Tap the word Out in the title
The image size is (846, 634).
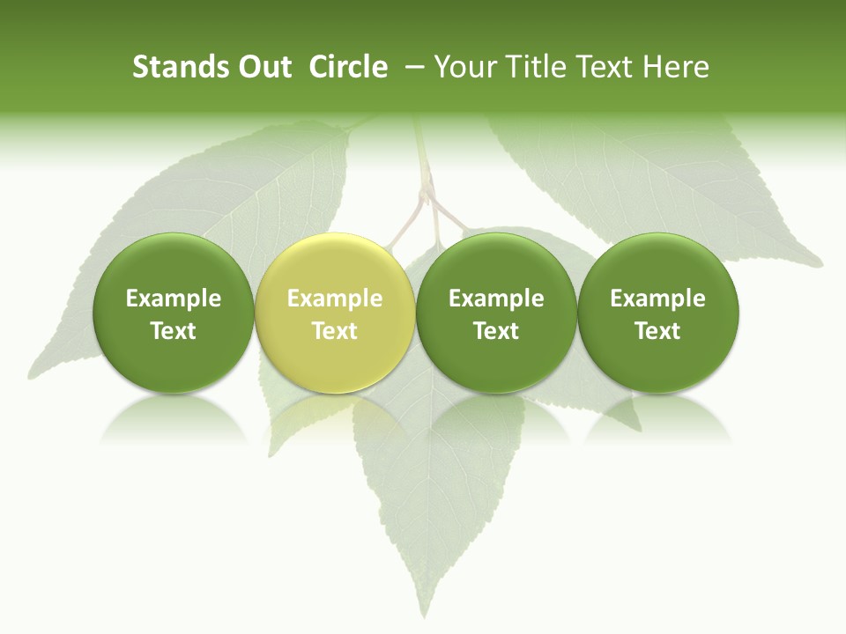(x=263, y=67)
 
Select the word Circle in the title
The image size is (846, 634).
(x=348, y=67)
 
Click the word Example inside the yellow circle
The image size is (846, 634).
(x=335, y=299)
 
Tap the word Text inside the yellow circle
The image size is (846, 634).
(x=335, y=331)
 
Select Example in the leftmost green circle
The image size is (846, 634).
(x=173, y=299)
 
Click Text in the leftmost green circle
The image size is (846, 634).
(x=173, y=331)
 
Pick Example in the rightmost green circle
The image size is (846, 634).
(x=657, y=299)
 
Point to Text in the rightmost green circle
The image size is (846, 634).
(x=657, y=331)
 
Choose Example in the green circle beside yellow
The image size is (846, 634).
(x=496, y=299)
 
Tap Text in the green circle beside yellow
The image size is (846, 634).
(x=496, y=331)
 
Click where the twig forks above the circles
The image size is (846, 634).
(x=429, y=195)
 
